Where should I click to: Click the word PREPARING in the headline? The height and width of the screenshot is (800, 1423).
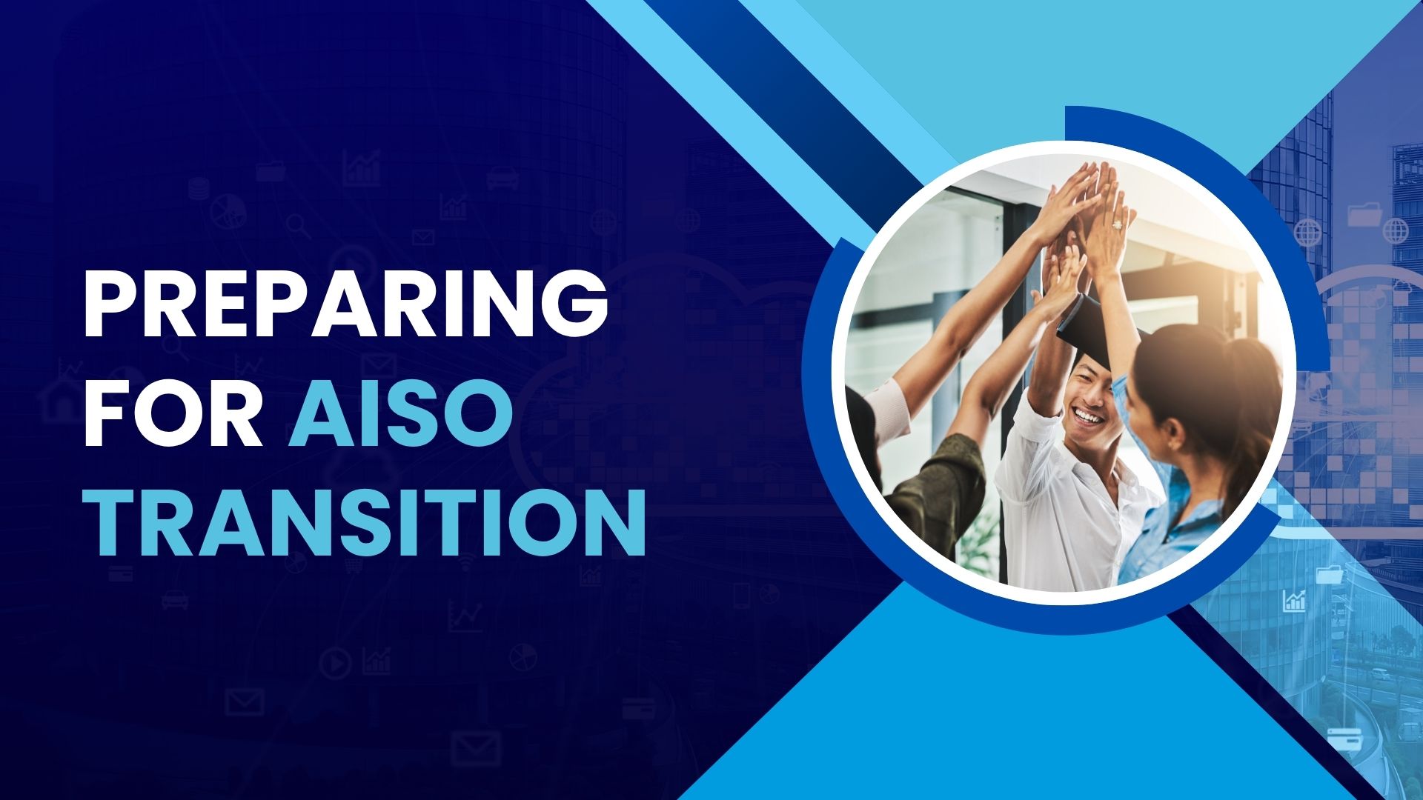pos(346,303)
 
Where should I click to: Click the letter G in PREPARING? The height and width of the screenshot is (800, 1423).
pos(574,303)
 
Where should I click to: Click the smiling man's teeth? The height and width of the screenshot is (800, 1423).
pos(1089,417)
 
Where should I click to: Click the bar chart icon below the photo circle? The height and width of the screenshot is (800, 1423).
pos(1294,601)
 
